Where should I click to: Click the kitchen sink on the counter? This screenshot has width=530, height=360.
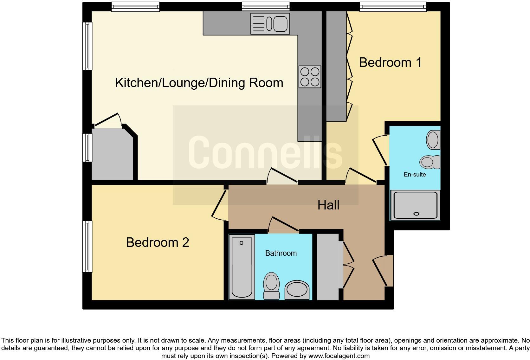coord(270,23)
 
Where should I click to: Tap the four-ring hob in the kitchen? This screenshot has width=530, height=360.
coord(310,77)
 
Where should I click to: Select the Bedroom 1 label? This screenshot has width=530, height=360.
coord(390,62)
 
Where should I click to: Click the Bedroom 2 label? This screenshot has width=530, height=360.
coord(158,242)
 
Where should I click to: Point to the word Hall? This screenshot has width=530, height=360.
coord(328,205)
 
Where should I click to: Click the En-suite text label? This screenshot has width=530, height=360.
coord(415,174)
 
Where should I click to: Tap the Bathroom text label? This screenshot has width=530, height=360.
coord(281,253)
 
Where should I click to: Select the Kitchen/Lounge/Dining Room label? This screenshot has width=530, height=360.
coord(199,83)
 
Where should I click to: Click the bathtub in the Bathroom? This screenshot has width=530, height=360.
coord(242,267)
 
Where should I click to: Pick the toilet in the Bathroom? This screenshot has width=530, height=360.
coord(271,286)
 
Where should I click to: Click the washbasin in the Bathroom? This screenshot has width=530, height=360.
coord(297,290)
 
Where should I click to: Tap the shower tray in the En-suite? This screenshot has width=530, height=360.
coord(415,205)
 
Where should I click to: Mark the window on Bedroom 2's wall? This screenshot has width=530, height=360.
coord(87,247)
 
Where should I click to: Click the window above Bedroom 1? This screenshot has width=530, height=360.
coord(393,6)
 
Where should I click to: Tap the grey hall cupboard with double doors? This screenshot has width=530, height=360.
coord(328,267)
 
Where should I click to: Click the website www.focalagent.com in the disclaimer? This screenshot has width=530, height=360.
coord(339,356)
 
